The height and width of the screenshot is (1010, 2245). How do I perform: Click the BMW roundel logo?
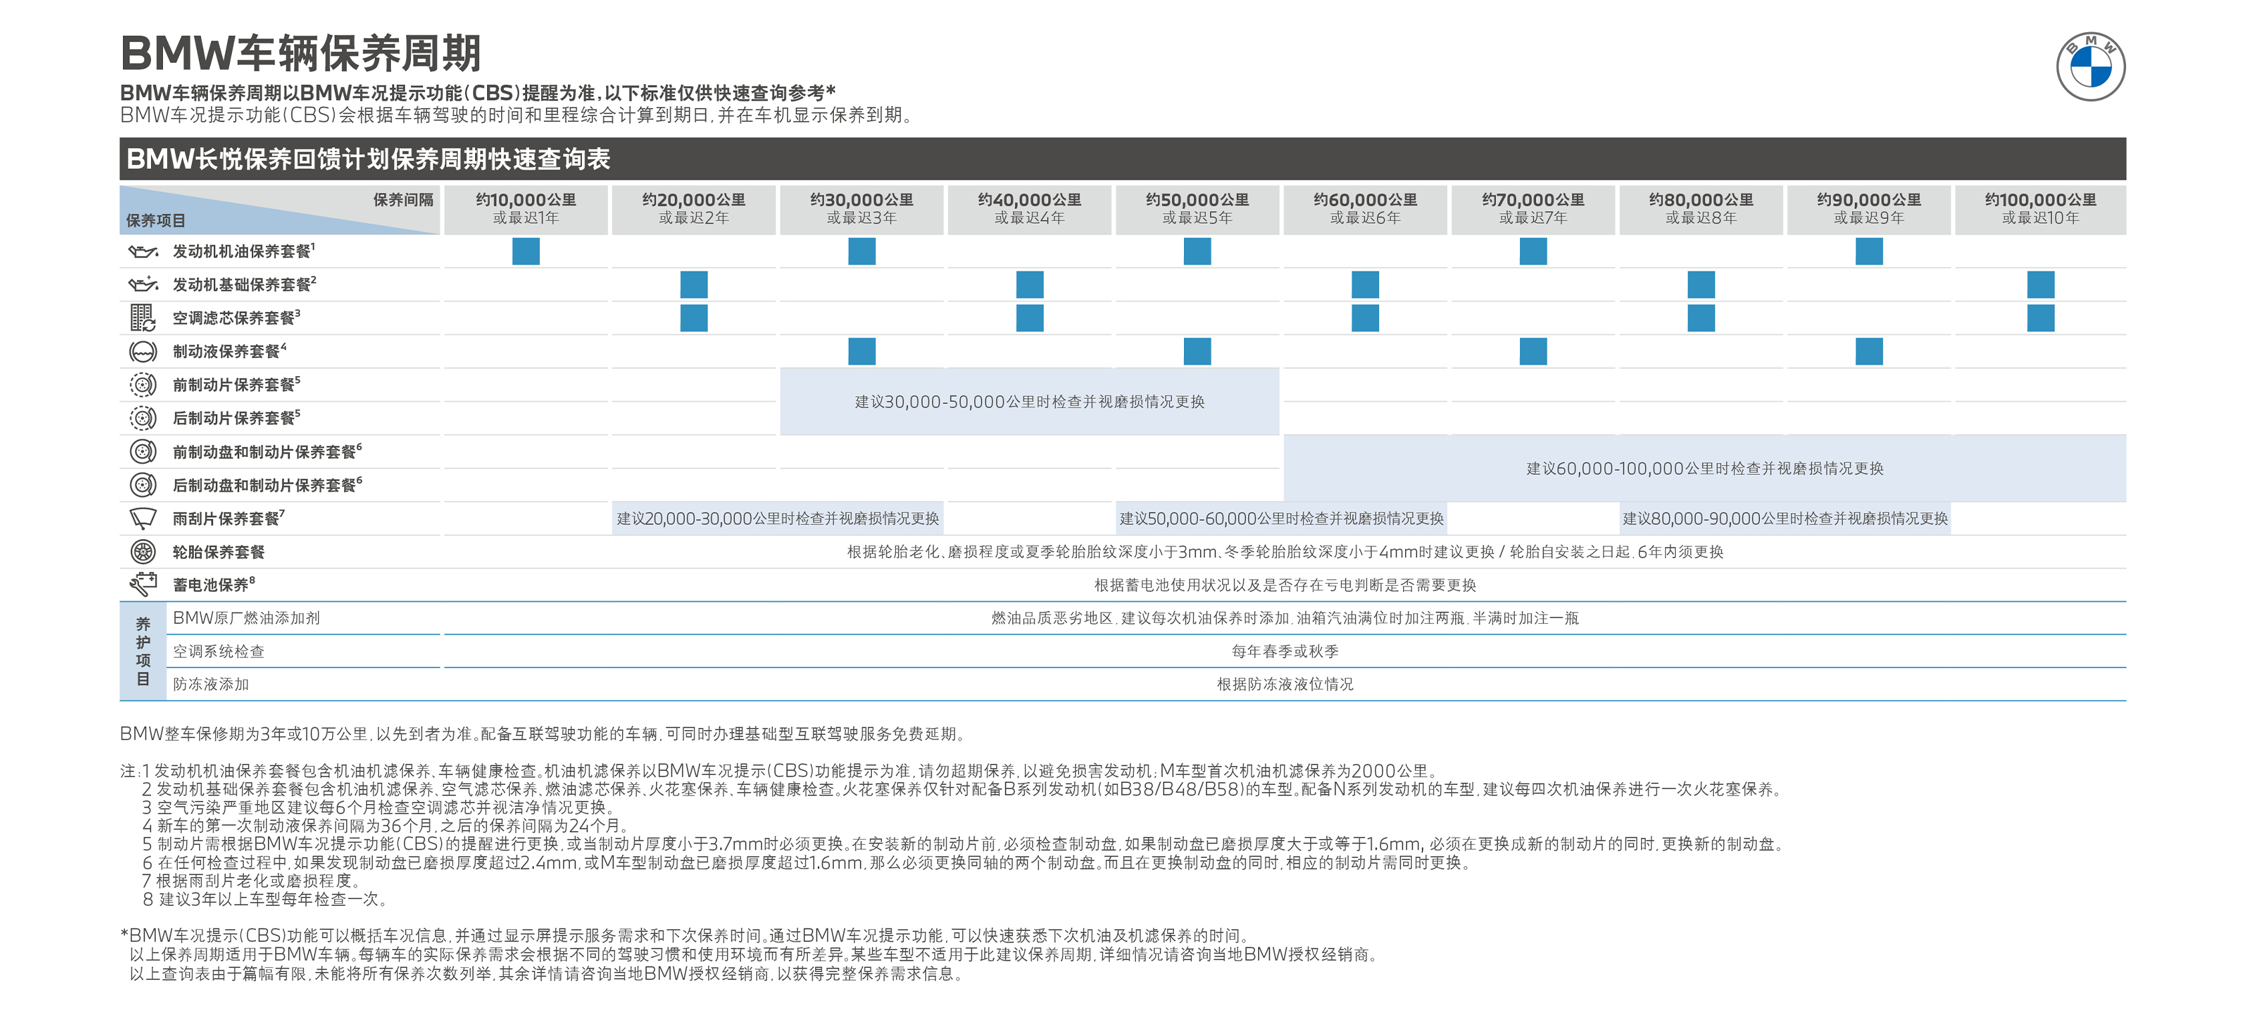[2090, 66]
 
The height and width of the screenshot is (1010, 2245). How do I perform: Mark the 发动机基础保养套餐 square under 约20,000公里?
[694, 284]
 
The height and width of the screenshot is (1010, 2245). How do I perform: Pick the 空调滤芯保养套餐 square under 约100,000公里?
[2040, 317]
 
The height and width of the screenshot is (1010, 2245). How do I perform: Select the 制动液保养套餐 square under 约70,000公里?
[1533, 351]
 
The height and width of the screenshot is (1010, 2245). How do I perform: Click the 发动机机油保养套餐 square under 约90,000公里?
[1869, 251]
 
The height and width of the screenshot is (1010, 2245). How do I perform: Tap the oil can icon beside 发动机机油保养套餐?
[143, 252]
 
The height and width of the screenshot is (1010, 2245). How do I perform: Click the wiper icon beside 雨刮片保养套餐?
[143, 518]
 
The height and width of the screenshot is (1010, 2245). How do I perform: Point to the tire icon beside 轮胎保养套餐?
[143, 552]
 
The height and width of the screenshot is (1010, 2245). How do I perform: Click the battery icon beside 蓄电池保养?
[143, 584]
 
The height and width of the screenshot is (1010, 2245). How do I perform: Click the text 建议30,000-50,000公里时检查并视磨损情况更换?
[1029, 401]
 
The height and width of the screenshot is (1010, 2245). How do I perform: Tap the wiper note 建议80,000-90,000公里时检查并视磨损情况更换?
[1785, 518]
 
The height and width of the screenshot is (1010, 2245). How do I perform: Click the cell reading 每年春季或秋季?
[1285, 651]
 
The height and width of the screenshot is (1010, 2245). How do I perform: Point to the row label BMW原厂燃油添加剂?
[247, 618]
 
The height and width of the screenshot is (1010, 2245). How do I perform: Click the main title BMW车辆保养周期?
[301, 53]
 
